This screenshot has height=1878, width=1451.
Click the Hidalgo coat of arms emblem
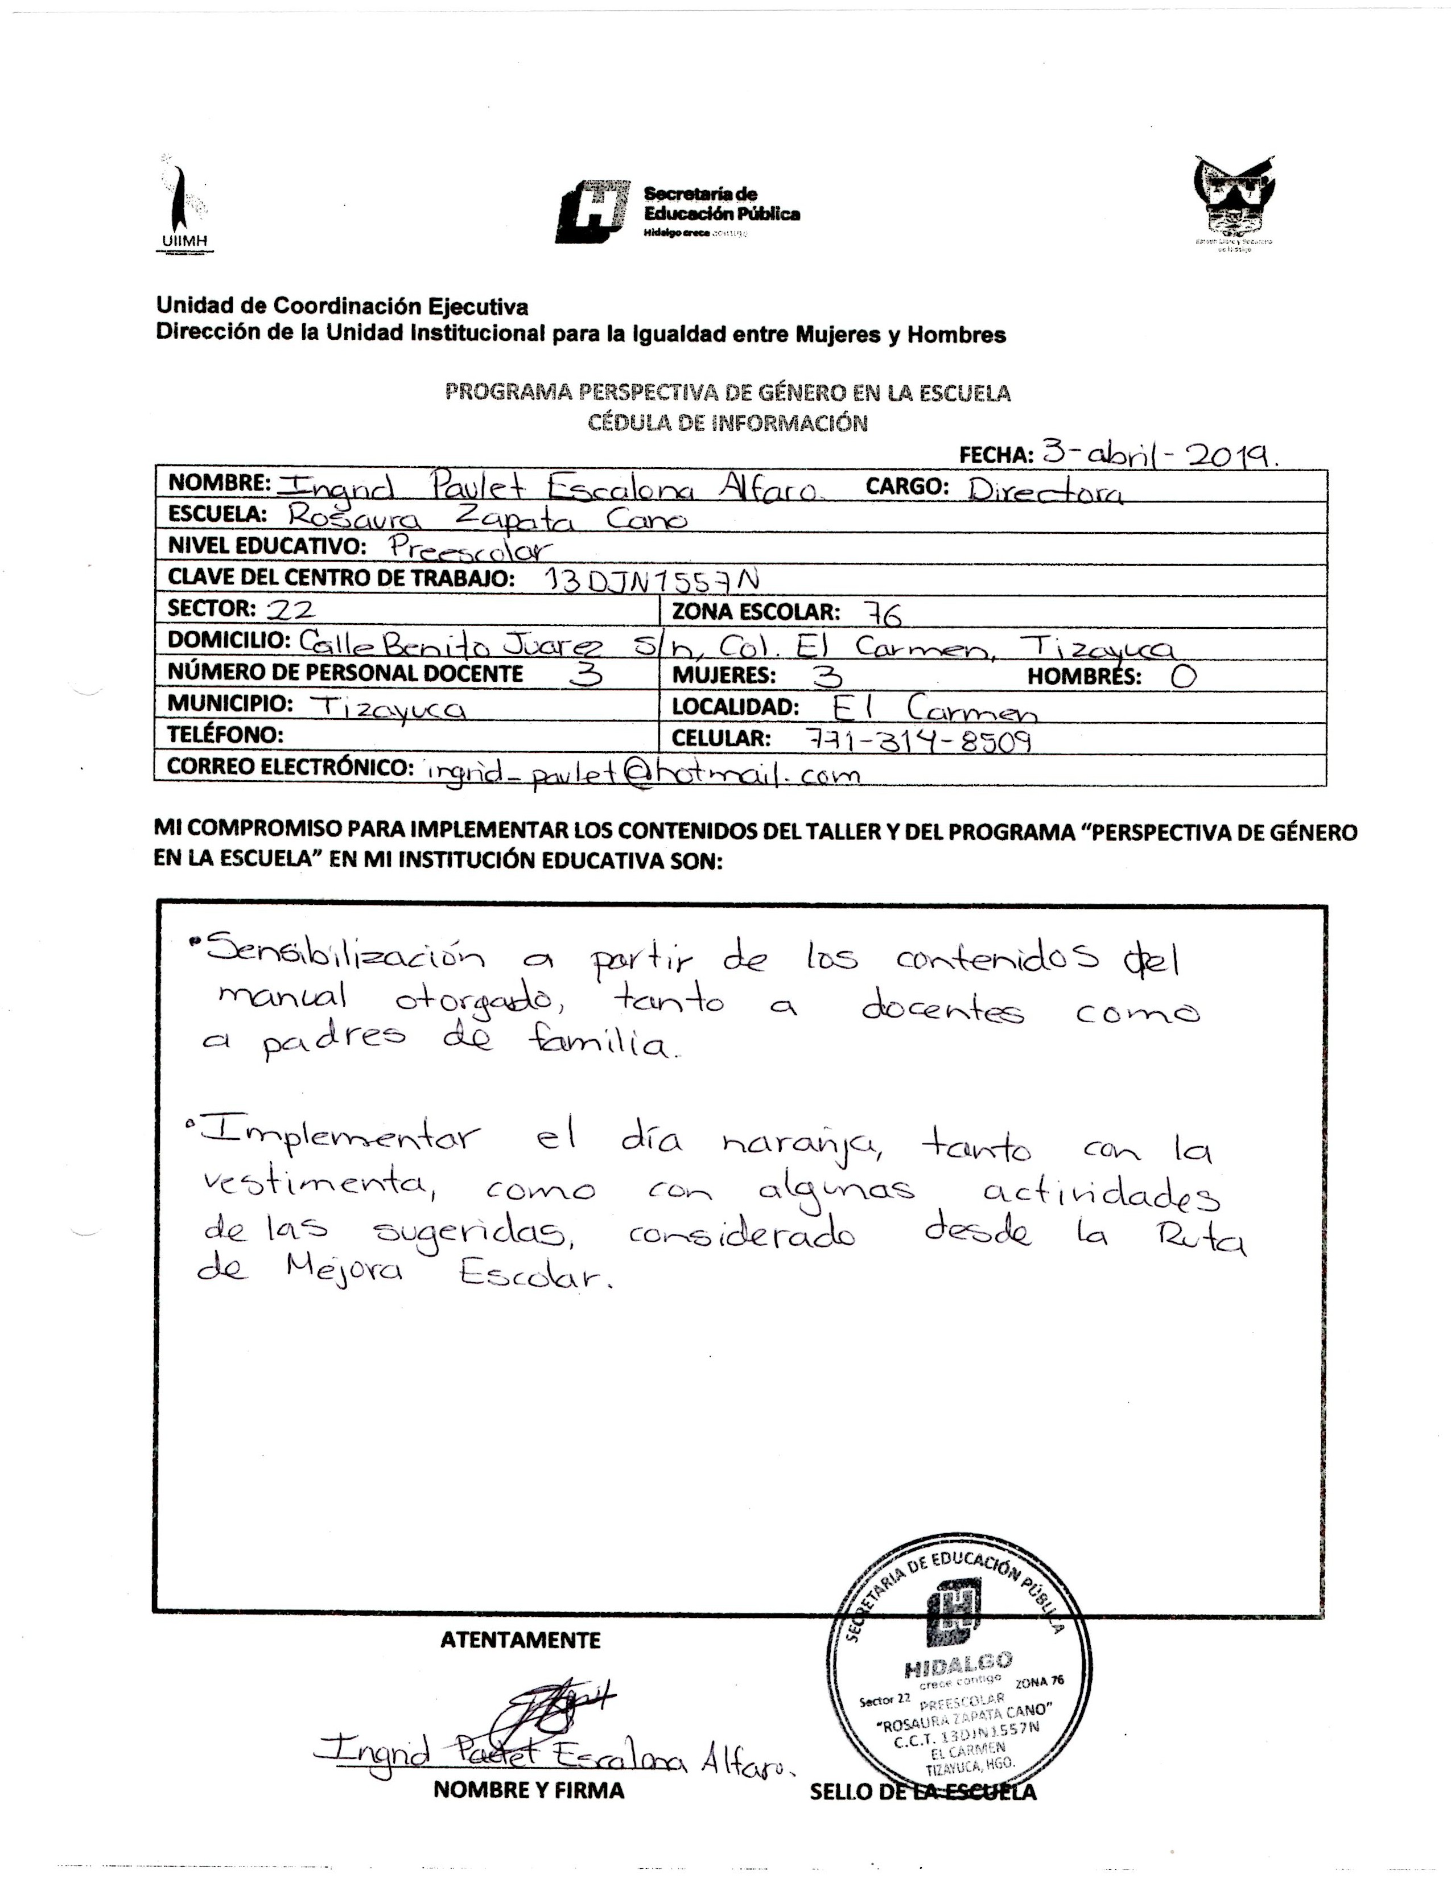click(x=1234, y=202)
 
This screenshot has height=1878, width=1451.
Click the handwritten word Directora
click(x=1044, y=489)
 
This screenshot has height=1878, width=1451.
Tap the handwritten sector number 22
click(x=291, y=609)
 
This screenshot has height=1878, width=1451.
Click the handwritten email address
click(x=640, y=771)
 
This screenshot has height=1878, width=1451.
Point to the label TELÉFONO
click(x=226, y=735)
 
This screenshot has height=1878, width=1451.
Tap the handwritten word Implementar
click(x=335, y=1137)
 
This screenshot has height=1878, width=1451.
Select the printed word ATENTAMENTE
click(x=520, y=1641)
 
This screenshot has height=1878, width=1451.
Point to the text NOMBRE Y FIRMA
click(x=529, y=1791)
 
